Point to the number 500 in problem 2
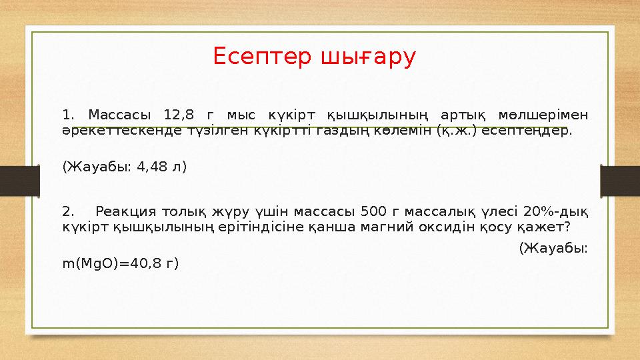click(371, 213)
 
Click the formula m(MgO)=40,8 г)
click(120, 263)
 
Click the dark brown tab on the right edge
click(620, 180)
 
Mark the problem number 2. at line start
click(69, 213)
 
